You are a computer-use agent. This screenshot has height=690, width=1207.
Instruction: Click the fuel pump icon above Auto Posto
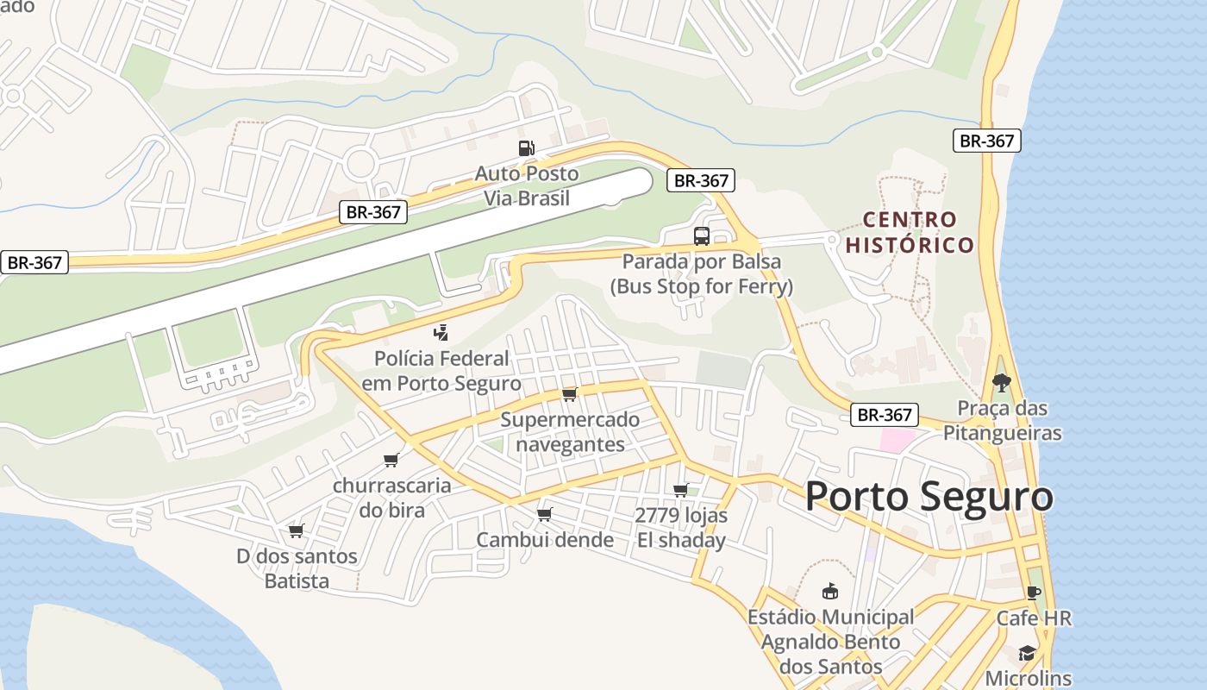point(526,148)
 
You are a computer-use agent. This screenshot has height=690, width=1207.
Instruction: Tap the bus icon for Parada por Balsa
point(702,235)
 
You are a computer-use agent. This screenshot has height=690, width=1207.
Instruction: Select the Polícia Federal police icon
point(441,332)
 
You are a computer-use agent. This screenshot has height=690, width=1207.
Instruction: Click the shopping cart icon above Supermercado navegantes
point(569,394)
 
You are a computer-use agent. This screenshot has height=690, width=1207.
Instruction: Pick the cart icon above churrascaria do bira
point(391,460)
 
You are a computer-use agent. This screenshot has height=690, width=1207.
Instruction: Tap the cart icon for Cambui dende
point(544,515)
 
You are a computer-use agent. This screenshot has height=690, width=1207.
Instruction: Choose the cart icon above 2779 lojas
point(680,491)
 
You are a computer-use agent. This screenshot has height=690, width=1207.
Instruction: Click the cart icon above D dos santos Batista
point(297,530)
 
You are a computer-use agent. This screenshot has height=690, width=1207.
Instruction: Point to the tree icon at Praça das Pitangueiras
point(1001,382)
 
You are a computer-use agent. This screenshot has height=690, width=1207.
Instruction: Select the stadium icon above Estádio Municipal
point(830,592)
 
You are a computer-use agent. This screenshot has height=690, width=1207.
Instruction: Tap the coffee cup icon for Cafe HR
point(1033,593)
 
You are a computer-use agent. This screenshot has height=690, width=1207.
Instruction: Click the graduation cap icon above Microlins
point(1027,653)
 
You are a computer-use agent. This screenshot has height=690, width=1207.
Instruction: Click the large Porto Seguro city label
point(929,497)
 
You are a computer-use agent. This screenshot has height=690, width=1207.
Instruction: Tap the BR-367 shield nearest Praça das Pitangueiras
point(885,415)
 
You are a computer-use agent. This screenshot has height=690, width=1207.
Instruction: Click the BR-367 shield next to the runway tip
point(701,181)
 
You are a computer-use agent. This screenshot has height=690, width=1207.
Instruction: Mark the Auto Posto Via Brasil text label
point(526,185)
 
